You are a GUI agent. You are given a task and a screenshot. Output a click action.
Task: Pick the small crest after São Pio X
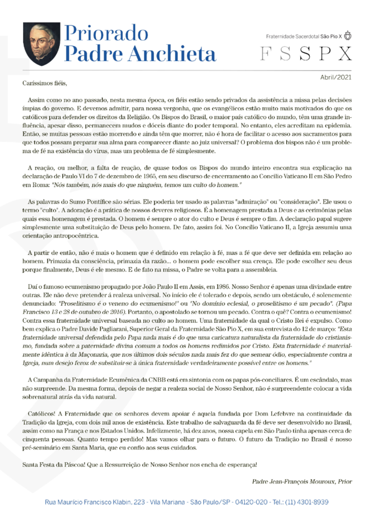(x=348, y=36)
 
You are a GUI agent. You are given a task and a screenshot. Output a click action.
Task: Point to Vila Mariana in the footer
(x=165, y=502)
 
